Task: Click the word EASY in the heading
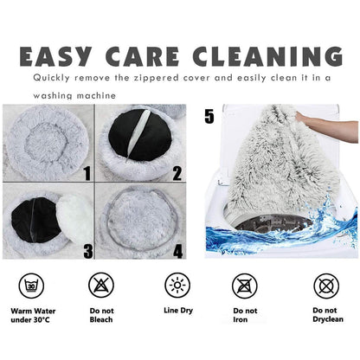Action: click(x=55, y=56)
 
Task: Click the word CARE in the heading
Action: click(x=142, y=56)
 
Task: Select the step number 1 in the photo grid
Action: click(x=87, y=172)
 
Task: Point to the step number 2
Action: click(x=177, y=172)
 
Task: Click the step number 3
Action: click(x=88, y=251)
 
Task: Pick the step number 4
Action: click(x=178, y=251)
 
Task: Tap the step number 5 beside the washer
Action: click(x=209, y=116)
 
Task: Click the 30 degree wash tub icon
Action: click(x=31, y=286)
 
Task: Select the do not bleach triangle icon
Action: click(x=101, y=285)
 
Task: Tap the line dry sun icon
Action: click(x=177, y=286)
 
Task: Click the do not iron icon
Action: click(x=245, y=286)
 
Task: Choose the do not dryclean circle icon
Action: click(x=326, y=286)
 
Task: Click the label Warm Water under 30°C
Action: click(x=33, y=315)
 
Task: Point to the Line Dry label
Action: click(x=178, y=311)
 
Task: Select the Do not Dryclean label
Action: click(x=328, y=315)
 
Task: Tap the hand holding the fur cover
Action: click(x=326, y=128)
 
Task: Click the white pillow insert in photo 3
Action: click(x=74, y=218)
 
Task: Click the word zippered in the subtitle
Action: click(x=156, y=78)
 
